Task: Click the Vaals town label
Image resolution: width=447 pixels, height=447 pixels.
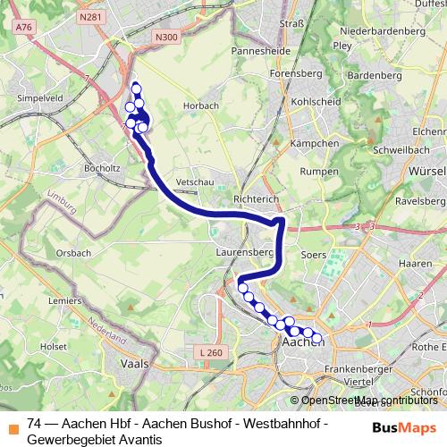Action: tap(133, 365)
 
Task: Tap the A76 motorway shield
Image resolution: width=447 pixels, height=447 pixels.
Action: tap(24, 28)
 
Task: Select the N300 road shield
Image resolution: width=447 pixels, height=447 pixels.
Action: tap(165, 37)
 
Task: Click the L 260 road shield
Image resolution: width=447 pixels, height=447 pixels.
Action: tap(212, 353)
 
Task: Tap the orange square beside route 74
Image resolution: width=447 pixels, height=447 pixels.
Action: tap(11, 425)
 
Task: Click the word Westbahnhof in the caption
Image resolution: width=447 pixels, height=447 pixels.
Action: tap(286, 424)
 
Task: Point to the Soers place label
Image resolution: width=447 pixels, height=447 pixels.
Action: tap(313, 255)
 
